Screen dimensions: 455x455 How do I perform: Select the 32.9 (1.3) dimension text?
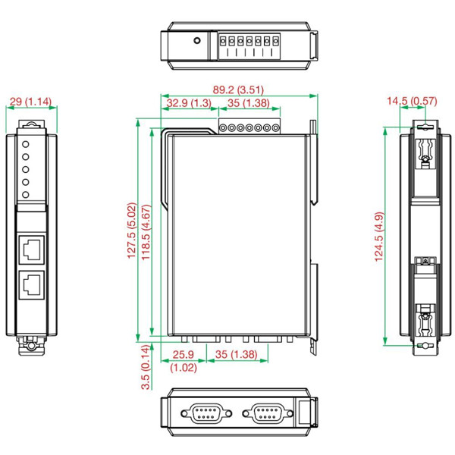(189, 103)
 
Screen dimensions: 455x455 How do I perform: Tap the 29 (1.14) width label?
(31, 101)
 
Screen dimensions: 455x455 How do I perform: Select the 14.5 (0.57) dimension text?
(411, 100)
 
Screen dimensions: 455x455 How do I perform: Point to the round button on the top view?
(197, 41)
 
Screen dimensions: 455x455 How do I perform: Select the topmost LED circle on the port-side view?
(26, 143)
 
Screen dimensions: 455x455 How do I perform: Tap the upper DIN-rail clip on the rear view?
(425, 152)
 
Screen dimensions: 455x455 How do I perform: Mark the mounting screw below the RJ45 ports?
(31, 347)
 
